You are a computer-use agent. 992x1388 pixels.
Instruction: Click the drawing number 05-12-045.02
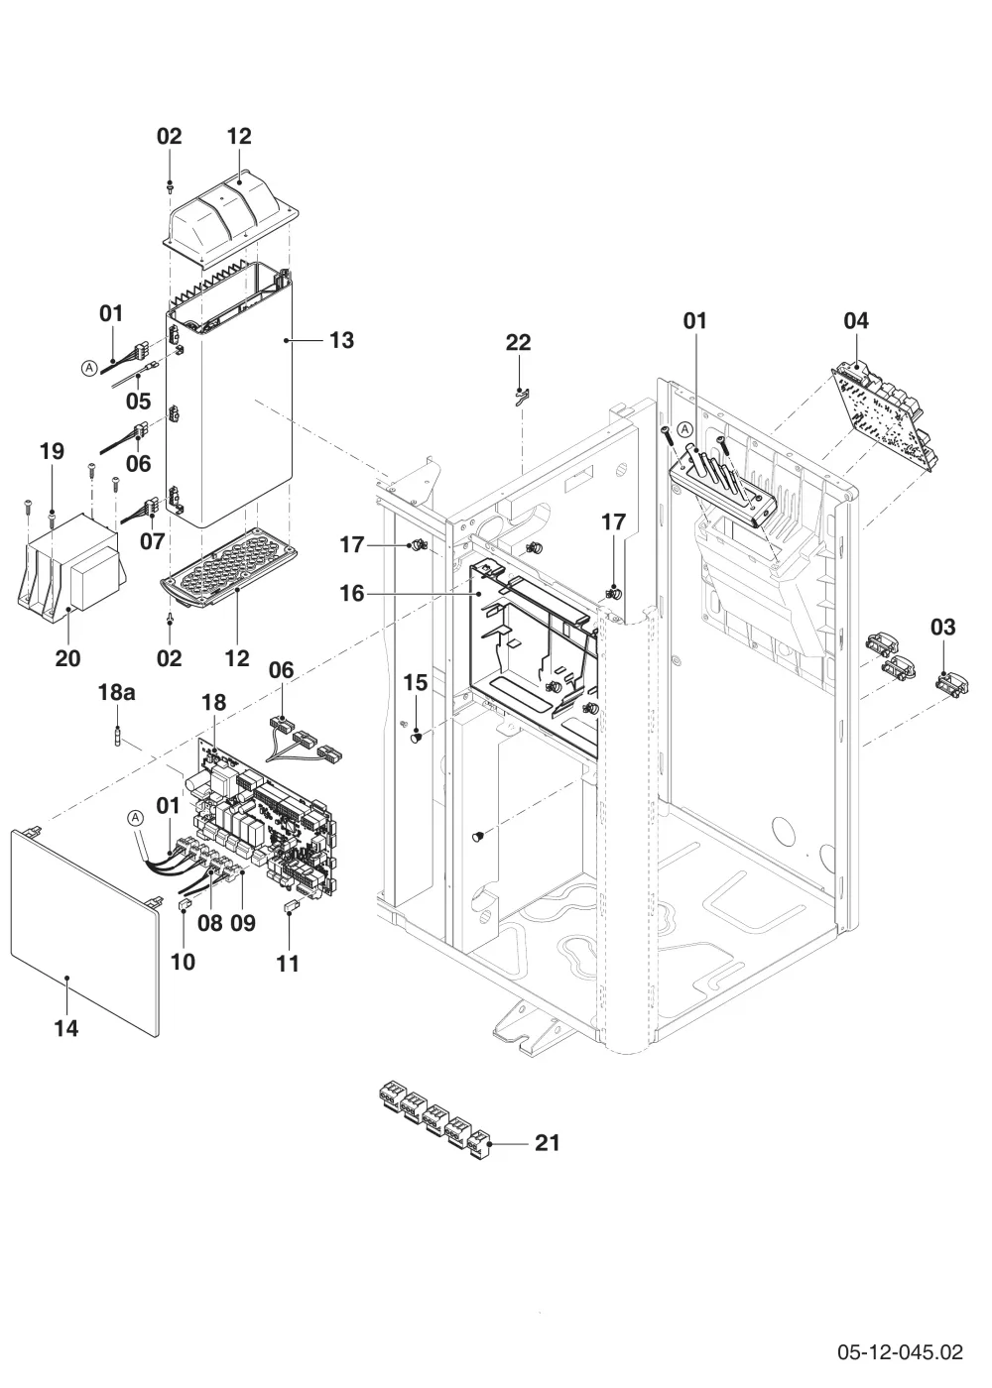[901, 1351]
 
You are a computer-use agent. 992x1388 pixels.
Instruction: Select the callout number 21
[547, 1142]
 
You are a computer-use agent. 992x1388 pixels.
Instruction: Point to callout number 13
[341, 339]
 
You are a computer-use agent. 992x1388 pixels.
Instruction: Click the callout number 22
[518, 342]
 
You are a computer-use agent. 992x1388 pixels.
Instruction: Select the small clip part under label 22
[522, 395]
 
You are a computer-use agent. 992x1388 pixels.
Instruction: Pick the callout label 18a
[117, 692]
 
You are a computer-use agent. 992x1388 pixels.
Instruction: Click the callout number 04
[856, 320]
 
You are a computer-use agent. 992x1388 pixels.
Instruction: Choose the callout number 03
[943, 627]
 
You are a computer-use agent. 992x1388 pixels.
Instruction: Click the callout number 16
[351, 593]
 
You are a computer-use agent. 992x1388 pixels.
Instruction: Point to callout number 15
[416, 682]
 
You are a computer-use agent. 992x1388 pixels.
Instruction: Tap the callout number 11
[288, 964]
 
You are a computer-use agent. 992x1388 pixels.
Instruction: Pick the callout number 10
[183, 962]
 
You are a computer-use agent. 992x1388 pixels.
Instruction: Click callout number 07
[152, 541]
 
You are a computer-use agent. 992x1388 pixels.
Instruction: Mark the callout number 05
[138, 401]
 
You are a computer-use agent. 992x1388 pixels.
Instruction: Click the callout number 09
[243, 923]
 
